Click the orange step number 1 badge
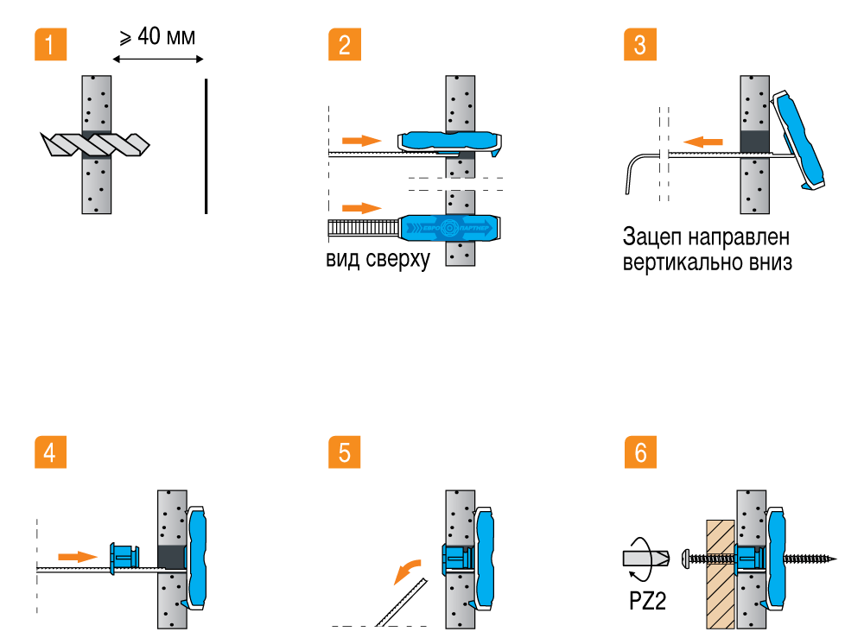pyautogui.click(x=50, y=44)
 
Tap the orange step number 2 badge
pyautogui.click(x=345, y=44)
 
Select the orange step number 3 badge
pyautogui.click(x=639, y=44)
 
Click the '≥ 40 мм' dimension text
pyautogui.click(x=157, y=37)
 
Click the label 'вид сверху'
pyautogui.click(x=378, y=260)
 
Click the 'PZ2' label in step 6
pyautogui.click(x=646, y=601)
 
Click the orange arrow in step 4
pyautogui.click(x=75, y=556)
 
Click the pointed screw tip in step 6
pyautogui.click(x=834, y=559)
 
